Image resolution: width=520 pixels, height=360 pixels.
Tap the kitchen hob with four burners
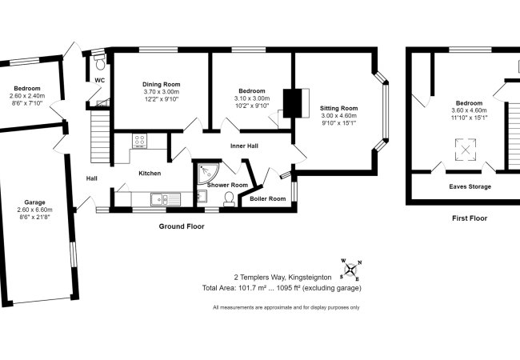140,141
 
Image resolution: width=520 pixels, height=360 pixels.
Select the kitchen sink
165,199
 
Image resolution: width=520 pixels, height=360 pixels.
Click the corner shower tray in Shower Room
208,173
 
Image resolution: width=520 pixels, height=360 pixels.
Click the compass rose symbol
351,269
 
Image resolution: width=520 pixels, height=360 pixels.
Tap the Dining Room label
161,84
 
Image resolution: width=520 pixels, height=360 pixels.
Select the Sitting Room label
338,108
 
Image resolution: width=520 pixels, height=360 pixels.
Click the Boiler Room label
268,198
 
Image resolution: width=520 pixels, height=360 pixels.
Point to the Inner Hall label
244,146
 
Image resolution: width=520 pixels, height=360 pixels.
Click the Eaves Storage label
470,186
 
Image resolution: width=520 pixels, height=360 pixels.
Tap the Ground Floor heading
182,226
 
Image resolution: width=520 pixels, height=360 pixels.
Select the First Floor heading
470,218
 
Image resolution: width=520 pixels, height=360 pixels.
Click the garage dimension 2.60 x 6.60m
35,210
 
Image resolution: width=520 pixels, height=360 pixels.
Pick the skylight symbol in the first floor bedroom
466,150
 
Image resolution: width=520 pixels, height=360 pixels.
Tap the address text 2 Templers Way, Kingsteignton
282,277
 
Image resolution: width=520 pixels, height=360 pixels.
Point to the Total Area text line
282,288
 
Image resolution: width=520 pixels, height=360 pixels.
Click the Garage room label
34,202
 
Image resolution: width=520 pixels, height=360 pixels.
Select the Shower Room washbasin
202,196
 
